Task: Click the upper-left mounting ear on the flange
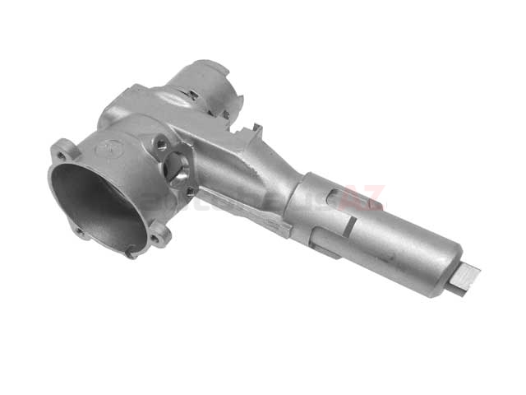pyautogui.click(x=62, y=151)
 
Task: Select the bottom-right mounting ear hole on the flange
pyautogui.click(x=156, y=238)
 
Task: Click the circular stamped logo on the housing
pyautogui.click(x=114, y=149)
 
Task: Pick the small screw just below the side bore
pyautogui.click(x=190, y=192)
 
